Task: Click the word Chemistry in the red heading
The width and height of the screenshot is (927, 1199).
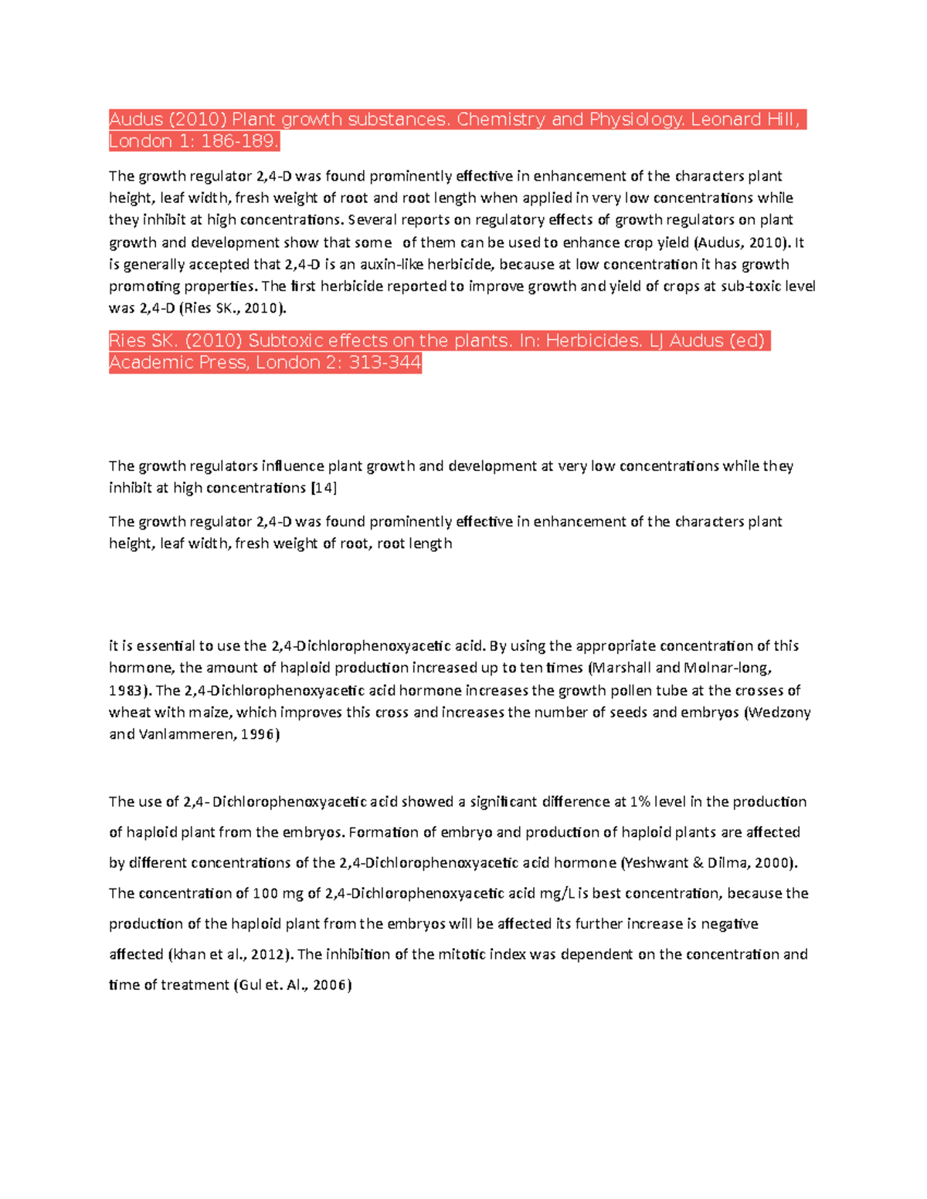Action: [x=501, y=120]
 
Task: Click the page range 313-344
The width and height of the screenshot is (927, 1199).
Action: [x=385, y=363]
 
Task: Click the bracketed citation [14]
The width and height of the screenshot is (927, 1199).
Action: [x=324, y=488]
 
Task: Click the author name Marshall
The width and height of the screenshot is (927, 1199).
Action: [x=622, y=668]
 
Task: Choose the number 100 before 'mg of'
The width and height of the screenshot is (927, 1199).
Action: [x=265, y=893]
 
